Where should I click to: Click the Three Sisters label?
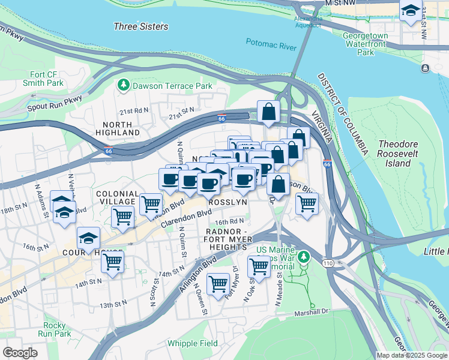pos(141,26)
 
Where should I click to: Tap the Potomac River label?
pos(271,42)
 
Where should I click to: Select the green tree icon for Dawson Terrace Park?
pos(124,86)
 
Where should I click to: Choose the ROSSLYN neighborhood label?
pos(228,203)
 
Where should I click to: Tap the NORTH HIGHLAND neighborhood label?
pos(116,127)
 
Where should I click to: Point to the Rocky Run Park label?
pos(53,329)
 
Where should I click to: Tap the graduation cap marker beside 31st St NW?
pos(411,11)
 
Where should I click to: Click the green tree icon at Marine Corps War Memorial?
pos(304,257)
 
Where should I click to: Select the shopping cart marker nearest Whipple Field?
pos(217,282)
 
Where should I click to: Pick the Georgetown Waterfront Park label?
pos(366,44)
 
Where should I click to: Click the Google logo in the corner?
pos(20,352)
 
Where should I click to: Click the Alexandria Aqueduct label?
pos(309,22)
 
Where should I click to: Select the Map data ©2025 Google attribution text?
pos(412,355)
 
